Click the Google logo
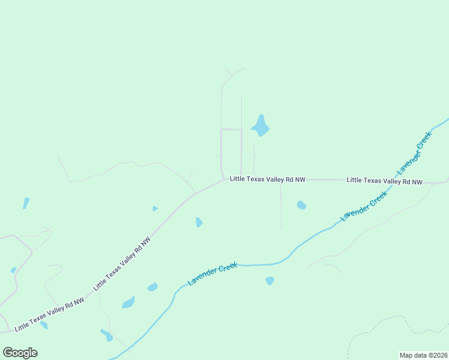pos(20,353)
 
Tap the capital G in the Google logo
pos(8,353)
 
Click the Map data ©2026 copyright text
pos(424,355)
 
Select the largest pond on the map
pos(261,125)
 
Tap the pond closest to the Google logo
pos(43,325)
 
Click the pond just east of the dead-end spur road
pos(301,205)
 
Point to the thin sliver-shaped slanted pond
pos(26,203)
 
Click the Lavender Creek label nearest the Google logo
pos(212,273)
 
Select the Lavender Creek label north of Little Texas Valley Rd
pos(415,152)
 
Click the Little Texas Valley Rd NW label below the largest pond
pos(268,179)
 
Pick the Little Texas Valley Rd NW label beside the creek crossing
pos(385,181)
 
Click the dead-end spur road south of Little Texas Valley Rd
pos(281,207)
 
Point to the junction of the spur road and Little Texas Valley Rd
pos(281,180)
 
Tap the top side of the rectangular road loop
pos(231,129)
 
